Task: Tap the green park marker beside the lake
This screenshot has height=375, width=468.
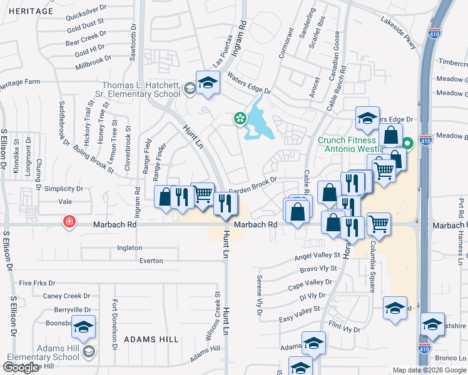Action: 239,118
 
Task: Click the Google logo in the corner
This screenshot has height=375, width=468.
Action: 21,367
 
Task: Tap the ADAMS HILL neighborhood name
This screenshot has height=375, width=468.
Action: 151,339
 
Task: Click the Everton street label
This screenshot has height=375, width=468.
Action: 151,260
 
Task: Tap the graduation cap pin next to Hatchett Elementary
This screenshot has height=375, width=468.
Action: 207,82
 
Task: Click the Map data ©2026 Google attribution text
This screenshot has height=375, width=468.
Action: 430,370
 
